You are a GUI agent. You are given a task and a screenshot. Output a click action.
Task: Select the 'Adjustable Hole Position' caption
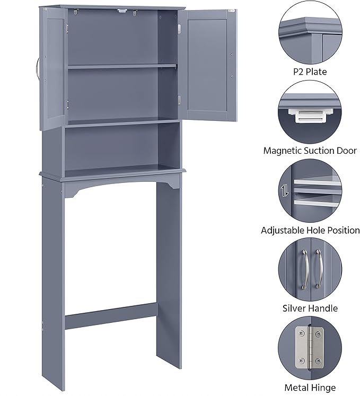tap(310, 230)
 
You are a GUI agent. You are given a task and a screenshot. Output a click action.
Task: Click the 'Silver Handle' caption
tap(310, 308)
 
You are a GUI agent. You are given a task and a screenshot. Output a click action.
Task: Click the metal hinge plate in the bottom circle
tap(309, 347)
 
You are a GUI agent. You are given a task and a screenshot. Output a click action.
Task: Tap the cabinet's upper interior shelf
tap(122, 66)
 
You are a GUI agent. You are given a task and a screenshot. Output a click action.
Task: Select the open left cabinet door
tap(53, 66)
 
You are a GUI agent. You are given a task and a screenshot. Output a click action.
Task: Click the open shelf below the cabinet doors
tap(122, 148)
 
